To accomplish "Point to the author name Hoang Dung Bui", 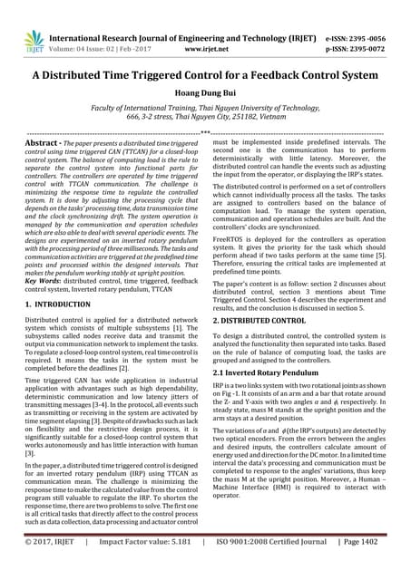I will [x=205, y=94].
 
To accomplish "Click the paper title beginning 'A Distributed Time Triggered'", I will [x=205, y=75].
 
